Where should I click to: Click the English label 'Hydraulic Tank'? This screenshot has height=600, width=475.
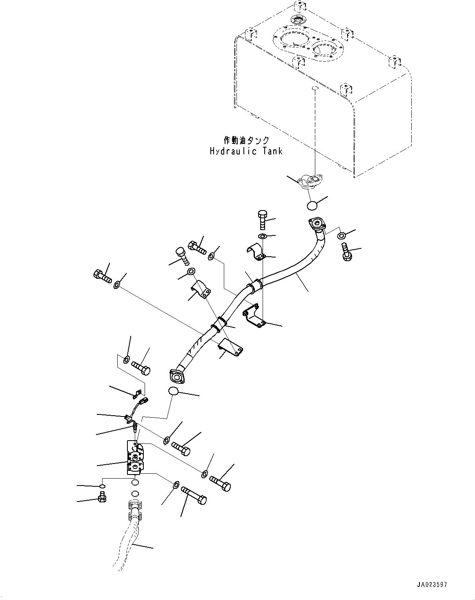(x=246, y=151)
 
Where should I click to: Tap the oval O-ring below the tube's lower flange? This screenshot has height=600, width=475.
(x=174, y=391)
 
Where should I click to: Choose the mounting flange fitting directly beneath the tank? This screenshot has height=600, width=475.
(x=310, y=181)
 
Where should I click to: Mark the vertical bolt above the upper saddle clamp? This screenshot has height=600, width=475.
(x=262, y=219)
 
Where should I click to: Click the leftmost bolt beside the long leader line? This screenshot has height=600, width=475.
(x=103, y=276)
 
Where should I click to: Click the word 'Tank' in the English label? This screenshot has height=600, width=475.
(x=272, y=151)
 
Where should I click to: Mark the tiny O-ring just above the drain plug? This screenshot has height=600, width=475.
(x=102, y=486)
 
